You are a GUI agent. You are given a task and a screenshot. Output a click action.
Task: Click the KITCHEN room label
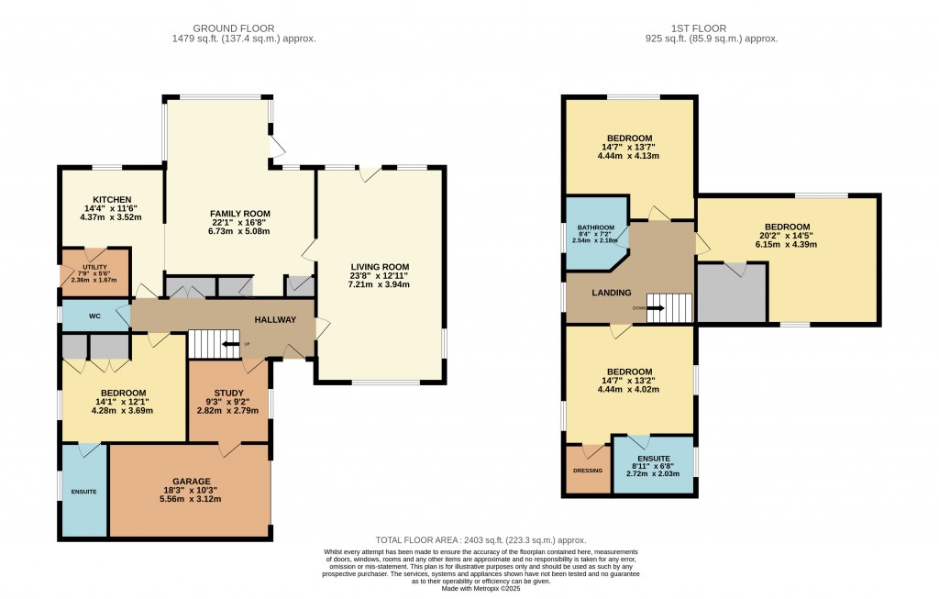(112, 200)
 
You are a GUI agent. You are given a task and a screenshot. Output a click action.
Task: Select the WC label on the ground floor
(94, 316)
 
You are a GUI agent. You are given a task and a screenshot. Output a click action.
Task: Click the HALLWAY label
(275, 319)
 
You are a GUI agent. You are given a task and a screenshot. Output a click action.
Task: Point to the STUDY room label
(226, 392)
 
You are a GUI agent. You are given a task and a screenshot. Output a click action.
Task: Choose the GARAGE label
(192, 481)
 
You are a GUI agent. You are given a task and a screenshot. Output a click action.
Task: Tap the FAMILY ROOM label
(239, 214)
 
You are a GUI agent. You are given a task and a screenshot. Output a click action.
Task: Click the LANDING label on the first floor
(611, 293)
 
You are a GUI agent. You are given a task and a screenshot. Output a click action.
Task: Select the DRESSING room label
(587, 471)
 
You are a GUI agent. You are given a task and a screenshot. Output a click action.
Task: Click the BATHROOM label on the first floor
(595, 228)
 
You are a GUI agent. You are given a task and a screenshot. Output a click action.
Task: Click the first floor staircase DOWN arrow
(657, 308)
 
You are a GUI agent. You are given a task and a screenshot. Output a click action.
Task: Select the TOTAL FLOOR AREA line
(481, 540)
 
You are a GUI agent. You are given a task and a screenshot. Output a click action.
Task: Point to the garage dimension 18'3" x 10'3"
(192, 490)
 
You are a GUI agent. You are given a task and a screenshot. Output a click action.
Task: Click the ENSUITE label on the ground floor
(83, 492)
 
